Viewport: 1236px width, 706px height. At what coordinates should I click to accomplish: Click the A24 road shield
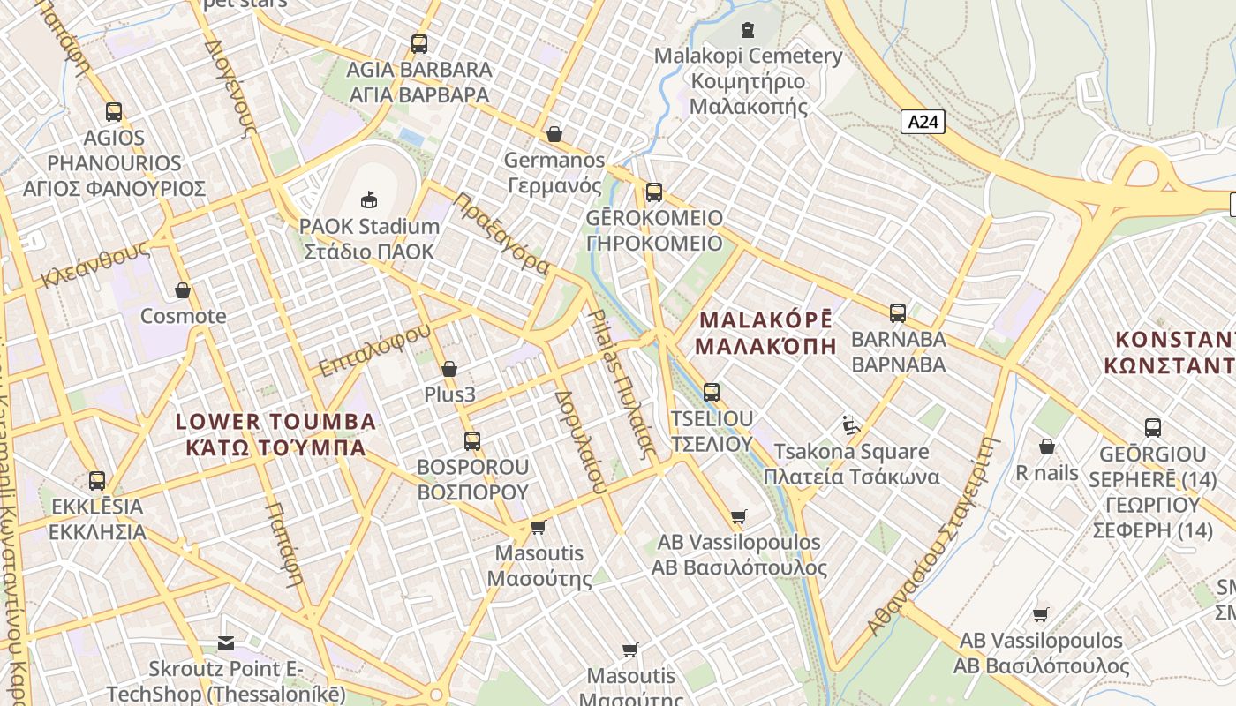pyautogui.click(x=923, y=122)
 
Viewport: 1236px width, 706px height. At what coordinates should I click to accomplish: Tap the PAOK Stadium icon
pyautogui.click(x=369, y=199)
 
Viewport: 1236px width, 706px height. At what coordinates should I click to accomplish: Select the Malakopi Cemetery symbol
pyautogui.click(x=748, y=30)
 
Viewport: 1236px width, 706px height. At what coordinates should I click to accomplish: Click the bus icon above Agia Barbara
pyautogui.click(x=419, y=43)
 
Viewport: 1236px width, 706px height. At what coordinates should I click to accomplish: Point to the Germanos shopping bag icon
pyautogui.click(x=554, y=134)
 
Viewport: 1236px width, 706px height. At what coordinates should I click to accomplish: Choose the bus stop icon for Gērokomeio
pyautogui.click(x=653, y=192)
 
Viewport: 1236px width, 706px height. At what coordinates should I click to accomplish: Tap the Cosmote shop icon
pyautogui.click(x=183, y=290)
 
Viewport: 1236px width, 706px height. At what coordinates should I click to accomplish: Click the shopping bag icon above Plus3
pyautogui.click(x=449, y=369)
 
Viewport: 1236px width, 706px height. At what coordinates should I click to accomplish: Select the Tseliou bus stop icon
pyautogui.click(x=712, y=393)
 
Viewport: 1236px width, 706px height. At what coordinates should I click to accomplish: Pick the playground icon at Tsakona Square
pyautogui.click(x=851, y=425)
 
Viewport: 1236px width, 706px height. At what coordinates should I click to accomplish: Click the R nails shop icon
pyautogui.click(x=1047, y=447)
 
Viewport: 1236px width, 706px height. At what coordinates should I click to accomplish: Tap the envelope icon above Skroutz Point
pyautogui.click(x=226, y=643)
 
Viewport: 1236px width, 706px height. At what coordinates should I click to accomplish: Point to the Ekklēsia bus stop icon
pyautogui.click(x=97, y=481)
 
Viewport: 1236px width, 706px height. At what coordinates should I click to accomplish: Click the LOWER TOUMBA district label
pyautogui.click(x=276, y=434)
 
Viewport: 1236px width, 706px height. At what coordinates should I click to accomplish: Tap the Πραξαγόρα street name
pyautogui.click(x=501, y=234)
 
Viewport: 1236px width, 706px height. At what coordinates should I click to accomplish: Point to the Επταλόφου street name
pyautogui.click(x=375, y=349)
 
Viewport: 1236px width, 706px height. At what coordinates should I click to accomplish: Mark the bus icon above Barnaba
pyautogui.click(x=898, y=312)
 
